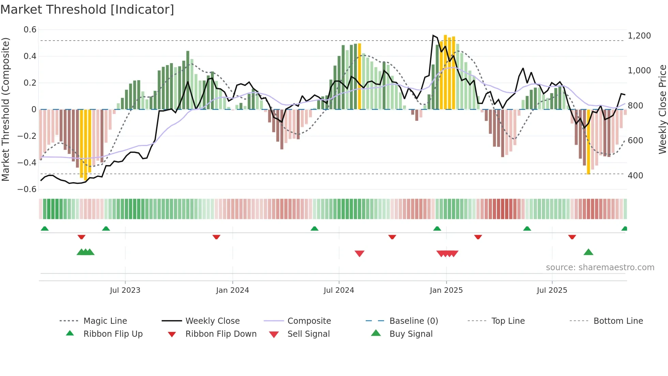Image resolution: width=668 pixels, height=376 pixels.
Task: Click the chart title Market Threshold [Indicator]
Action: coord(87,10)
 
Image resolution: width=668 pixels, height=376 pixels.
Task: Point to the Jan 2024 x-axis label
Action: coord(232,290)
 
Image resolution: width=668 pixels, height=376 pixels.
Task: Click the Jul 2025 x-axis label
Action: coord(552,290)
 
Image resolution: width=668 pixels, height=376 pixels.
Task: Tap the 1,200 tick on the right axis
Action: coord(639,35)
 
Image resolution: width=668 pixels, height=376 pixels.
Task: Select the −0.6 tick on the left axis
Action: coord(27,189)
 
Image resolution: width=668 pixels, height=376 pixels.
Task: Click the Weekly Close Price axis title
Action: coord(662,109)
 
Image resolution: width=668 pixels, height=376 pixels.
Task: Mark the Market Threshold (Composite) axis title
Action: coord(5,109)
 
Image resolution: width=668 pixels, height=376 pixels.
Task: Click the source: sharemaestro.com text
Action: coord(600,267)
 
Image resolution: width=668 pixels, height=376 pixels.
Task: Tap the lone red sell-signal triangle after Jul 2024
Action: coord(360,253)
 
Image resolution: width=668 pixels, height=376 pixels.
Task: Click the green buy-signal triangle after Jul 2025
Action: coord(588,252)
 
